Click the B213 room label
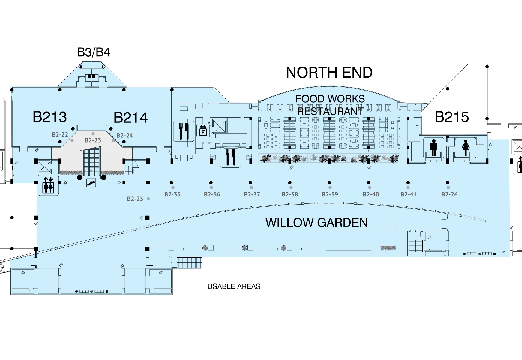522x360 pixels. [49, 117]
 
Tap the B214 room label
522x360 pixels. [130, 118]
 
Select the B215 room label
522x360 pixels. [451, 117]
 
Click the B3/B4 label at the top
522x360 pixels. [94, 52]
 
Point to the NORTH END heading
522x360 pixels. [329, 73]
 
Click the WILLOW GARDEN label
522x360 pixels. [316, 223]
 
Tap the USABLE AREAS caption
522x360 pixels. [234, 287]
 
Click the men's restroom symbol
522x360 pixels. [433, 148]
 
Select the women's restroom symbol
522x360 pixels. [466, 148]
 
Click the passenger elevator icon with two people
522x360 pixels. [48, 185]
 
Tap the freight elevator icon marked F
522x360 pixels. [203, 130]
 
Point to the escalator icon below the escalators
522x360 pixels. [91, 182]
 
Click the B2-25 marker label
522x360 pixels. [135, 199]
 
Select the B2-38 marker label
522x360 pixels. [290, 195]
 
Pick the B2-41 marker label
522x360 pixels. [409, 195]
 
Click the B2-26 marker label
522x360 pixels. [449, 195]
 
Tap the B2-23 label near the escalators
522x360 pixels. [93, 140]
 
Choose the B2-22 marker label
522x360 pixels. [60, 135]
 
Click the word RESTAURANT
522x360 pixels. [330, 112]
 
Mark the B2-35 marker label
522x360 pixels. [172, 195]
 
